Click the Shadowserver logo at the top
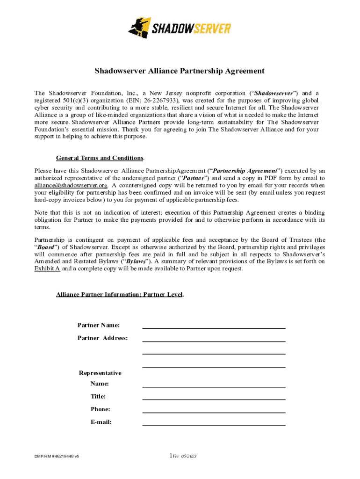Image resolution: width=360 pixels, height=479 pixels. tap(180, 28)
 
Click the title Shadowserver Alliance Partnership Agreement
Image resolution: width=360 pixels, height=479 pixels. tap(180, 71)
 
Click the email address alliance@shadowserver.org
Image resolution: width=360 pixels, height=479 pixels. tap(71, 185)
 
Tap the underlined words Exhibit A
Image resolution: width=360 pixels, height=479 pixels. tap(47, 269)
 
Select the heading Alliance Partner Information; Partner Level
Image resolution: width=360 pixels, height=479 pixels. tap(119, 295)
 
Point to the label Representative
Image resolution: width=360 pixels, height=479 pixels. tap(100, 373)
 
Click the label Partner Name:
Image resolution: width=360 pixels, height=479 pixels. tap(99, 325)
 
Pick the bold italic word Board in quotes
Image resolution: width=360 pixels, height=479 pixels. tap(47, 247)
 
